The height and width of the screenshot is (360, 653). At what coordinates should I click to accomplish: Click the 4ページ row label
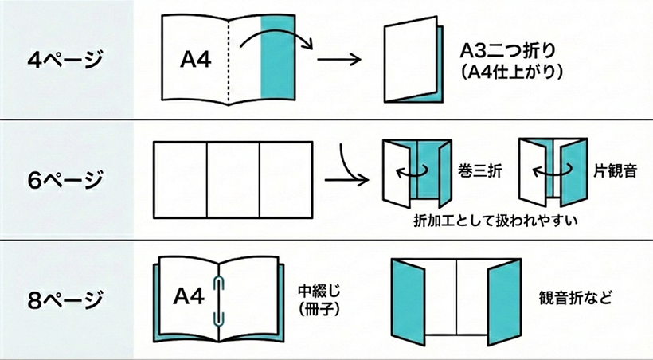[x=66, y=60]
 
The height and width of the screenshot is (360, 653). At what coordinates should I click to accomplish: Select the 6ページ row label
[x=66, y=178]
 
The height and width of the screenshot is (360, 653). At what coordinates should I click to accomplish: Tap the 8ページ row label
[x=66, y=299]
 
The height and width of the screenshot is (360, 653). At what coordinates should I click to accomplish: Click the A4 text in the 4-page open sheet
[x=195, y=60]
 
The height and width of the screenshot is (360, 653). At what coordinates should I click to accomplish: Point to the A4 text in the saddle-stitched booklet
[x=190, y=297]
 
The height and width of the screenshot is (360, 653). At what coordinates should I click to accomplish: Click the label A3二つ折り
[x=508, y=50]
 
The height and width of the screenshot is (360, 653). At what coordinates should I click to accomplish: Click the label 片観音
[x=613, y=170]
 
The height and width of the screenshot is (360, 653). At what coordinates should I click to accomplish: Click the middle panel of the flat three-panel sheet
[x=233, y=180]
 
